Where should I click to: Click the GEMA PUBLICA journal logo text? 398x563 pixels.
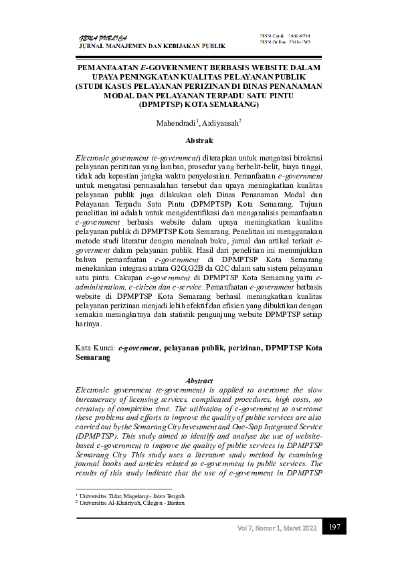point(104,37)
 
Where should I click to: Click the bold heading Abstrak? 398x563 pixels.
point(199,140)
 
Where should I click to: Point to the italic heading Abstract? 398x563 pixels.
point(199,379)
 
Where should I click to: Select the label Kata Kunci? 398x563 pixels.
point(96,348)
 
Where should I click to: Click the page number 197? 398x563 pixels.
point(334,528)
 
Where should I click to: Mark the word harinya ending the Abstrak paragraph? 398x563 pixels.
point(89,324)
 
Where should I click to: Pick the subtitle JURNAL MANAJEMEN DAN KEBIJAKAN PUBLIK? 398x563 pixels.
point(153,46)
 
